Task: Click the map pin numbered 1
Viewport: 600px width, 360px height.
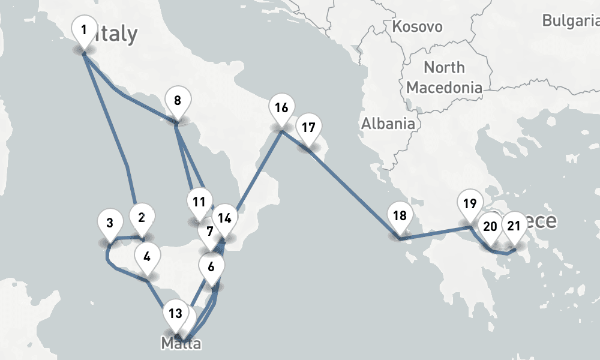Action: (x=84, y=30)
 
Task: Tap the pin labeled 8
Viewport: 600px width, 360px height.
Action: (x=177, y=101)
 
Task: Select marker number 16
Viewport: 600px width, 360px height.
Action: (x=281, y=109)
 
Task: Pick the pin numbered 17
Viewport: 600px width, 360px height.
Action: (x=308, y=128)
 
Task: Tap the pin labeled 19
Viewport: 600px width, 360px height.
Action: (x=470, y=203)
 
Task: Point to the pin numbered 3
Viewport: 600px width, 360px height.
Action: (x=110, y=224)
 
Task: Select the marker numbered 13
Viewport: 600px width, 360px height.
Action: (x=175, y=313)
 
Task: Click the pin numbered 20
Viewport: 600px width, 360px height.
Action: (x=490, y=227)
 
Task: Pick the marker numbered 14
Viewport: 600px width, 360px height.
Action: (x=225, y=218)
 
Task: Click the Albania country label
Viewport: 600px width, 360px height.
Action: (x=388, y=124)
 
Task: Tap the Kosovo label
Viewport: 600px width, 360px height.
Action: (x=417, y=26)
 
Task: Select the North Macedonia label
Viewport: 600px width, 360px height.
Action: (x=444, y=77)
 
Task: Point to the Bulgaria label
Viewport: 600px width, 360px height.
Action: (x=570, y=21)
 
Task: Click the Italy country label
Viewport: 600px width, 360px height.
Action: (x=118, y=34)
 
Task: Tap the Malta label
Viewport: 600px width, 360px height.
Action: (x=181, y=344)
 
